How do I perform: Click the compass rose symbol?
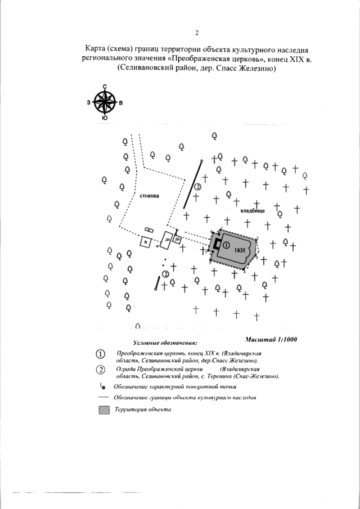(x=105, y=102)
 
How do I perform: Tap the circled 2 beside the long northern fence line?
(x=197, y=187)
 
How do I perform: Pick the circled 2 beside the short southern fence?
(x=165, y=273)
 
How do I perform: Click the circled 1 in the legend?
(x=101, y=353)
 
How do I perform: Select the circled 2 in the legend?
(x=101, y=370)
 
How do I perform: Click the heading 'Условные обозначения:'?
(x=165, y=343)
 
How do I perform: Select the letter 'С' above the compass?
(x=105, y=87)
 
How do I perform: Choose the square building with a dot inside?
(x=146, y=242)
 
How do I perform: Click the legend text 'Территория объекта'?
(x=143, y=410)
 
